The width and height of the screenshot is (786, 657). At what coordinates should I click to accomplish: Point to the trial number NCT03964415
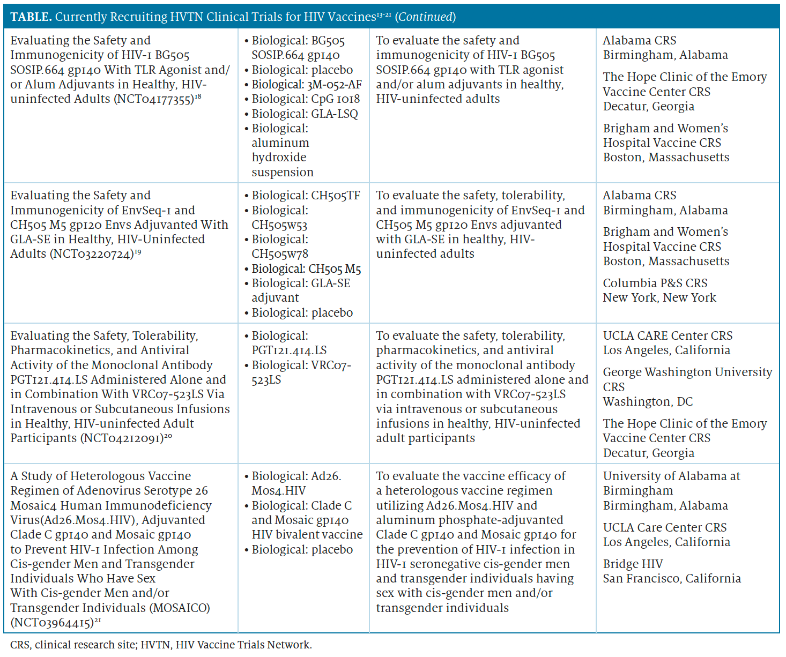(52, 623)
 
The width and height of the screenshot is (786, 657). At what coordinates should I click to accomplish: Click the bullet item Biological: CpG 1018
(306, 99)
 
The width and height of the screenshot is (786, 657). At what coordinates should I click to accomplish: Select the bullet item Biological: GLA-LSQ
(305, 114)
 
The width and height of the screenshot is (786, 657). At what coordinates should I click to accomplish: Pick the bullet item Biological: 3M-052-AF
(307, 85)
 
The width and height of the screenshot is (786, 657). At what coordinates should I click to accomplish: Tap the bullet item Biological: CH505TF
(306, 196)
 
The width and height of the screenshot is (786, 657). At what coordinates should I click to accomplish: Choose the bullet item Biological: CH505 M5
(306, 269)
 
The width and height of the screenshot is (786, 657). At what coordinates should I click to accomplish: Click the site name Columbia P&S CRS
(655, 283)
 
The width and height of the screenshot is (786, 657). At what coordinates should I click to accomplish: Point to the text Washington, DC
(648, 401)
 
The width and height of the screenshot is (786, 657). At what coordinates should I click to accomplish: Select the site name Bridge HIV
(633, 564)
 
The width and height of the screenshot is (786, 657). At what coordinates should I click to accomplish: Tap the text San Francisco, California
(672, 578)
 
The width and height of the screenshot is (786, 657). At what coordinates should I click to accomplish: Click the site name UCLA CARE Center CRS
(668, 335)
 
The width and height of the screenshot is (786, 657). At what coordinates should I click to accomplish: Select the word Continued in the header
(426, 17)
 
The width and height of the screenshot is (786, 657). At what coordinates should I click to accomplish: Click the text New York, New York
(659, 297)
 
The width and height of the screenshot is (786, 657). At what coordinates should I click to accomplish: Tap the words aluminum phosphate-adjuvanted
(469, 520)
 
